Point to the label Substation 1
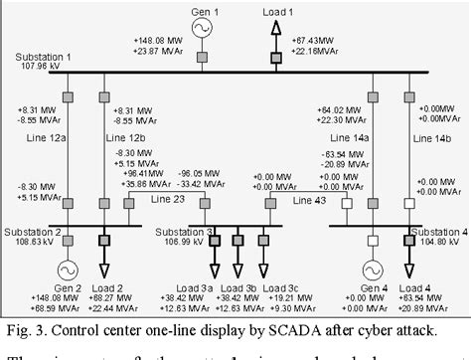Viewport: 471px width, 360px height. [44, 59]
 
